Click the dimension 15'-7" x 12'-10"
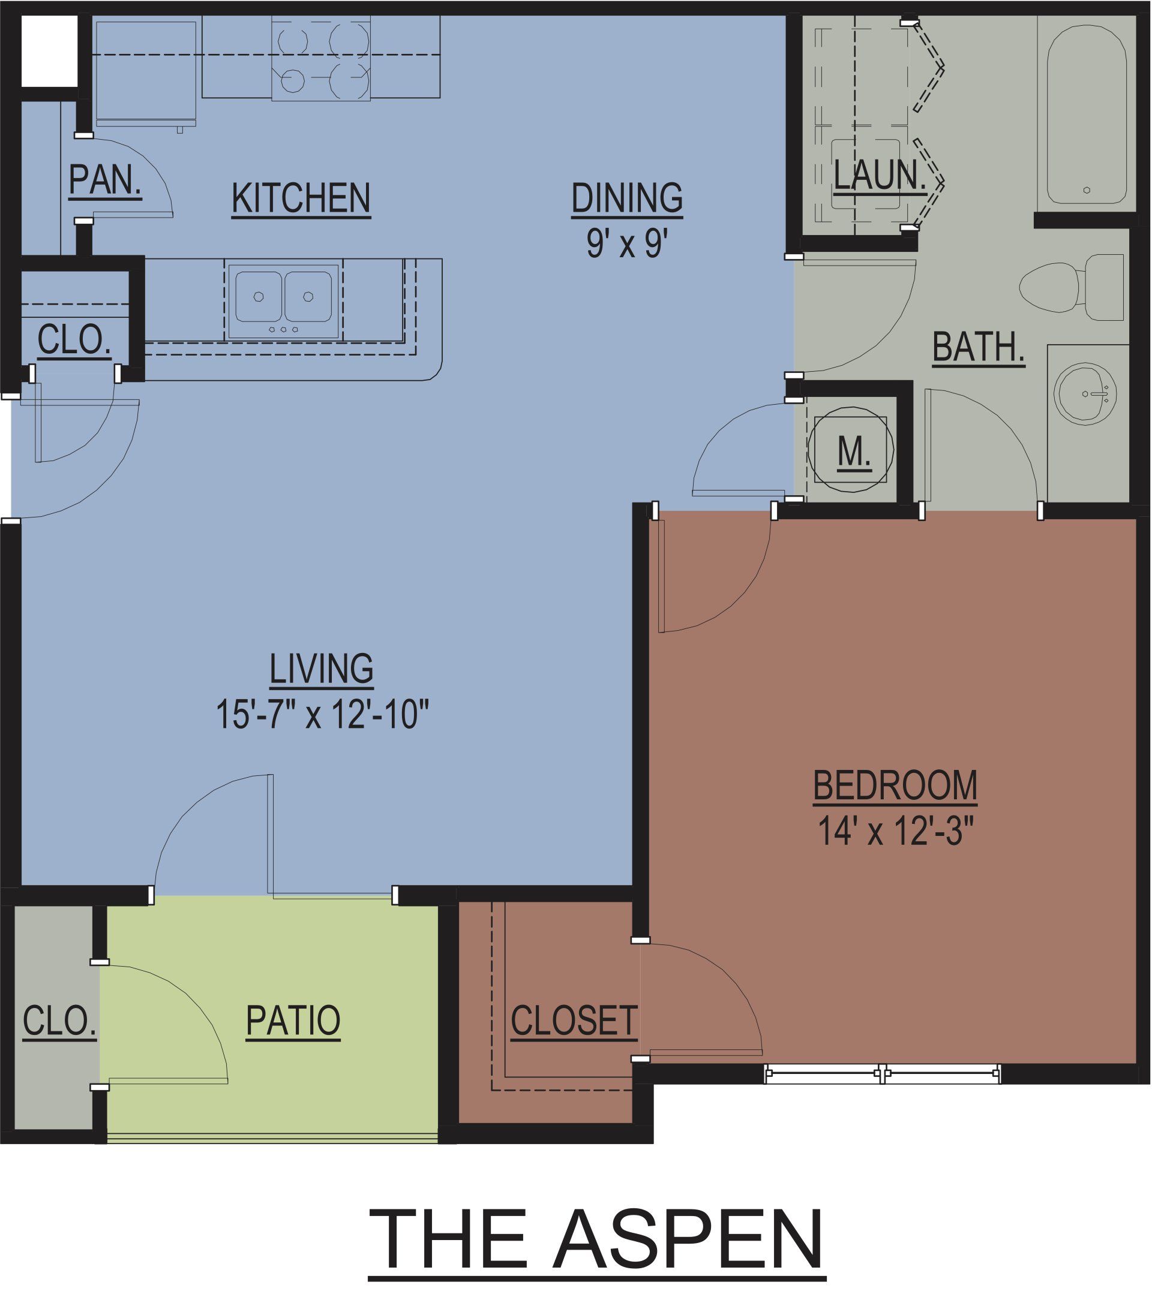coord(322,714)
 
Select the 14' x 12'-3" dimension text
coord(895,830)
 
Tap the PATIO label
coord(293,1021)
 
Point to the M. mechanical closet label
coord(854,452)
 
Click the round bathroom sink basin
coord(1085,393)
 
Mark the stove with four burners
coord(321,58)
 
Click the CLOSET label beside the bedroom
coord(574,1021)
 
